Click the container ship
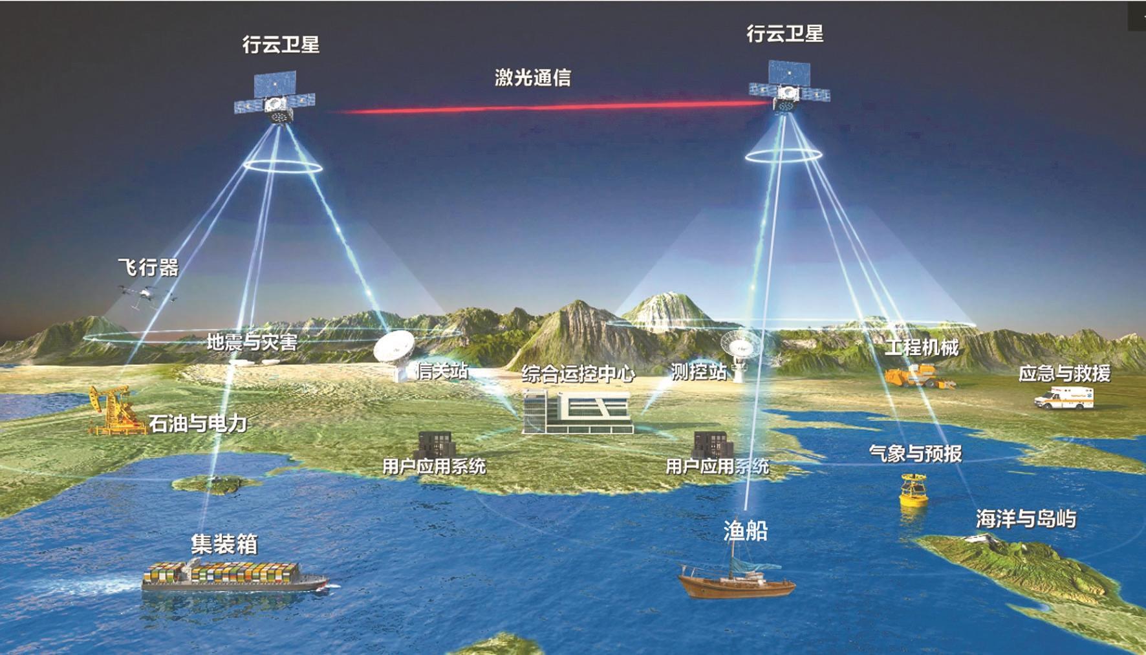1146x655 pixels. (x=233, y=575)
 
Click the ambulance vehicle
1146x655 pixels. (x=1064, y=398)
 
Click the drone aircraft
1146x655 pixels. (x=146, y=294)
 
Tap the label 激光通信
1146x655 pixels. (x=532, y=78)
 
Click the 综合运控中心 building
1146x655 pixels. (x=576, y=411)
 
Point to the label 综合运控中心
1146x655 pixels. (x=578, y=374)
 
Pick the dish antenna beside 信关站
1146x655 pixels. (x=395, y=352)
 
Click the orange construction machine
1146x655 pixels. (x=915, y=376)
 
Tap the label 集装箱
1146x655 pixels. (x=224, y=544)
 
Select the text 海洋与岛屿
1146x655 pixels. (x=1026, y=519)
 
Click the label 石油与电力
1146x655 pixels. (x=198, y=424)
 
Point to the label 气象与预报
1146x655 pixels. (x=915, y=453)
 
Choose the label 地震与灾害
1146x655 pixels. (x=252, y=341)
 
